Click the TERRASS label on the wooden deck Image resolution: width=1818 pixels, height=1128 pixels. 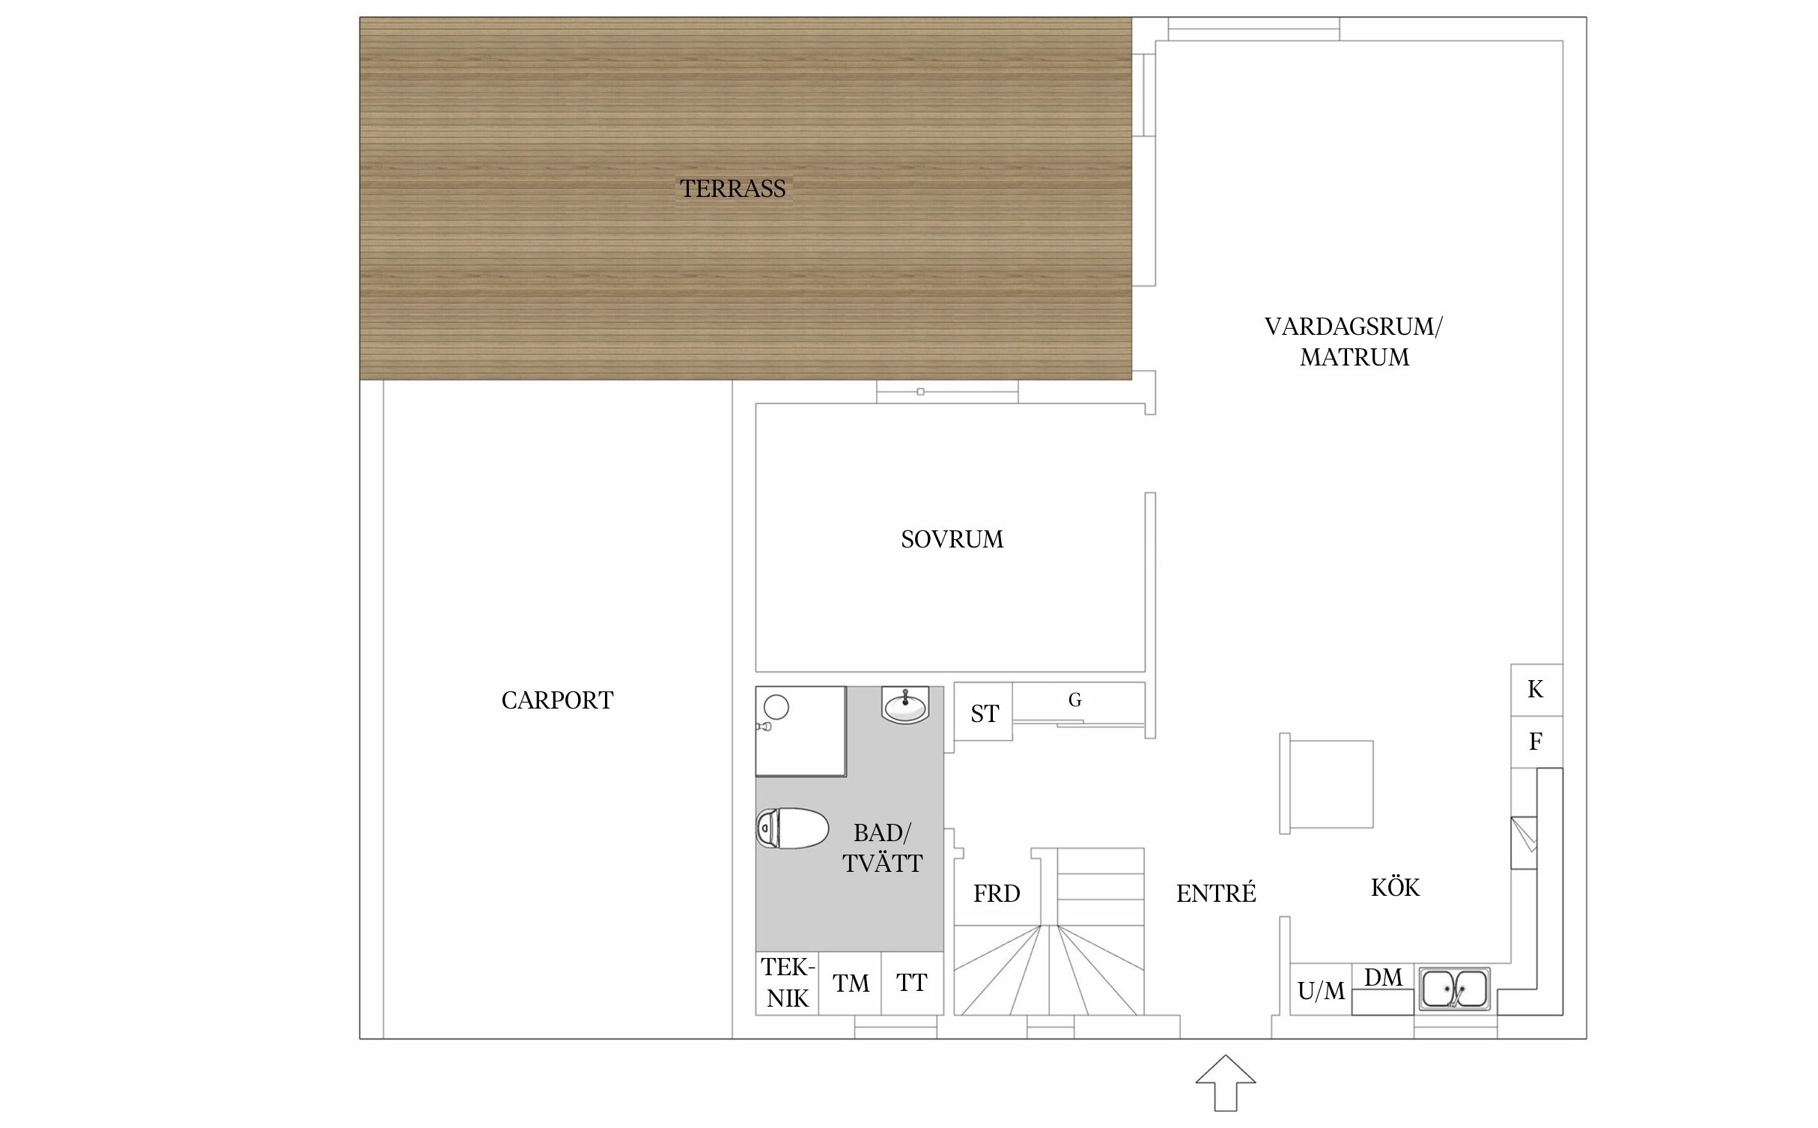tap(732, 189)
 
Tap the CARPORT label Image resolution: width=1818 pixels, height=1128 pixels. tap(557, 700)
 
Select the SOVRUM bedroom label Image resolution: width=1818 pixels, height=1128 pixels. tap(952, 539)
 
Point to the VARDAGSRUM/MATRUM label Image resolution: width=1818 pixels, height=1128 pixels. tap(1354, 342)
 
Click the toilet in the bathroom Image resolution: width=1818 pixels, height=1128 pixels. tap(792, 828)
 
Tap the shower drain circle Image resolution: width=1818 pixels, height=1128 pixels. tap(776, 707)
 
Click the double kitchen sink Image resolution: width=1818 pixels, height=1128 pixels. tap(1454, 989)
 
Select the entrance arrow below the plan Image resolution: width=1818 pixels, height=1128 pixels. tap(1225, 1083)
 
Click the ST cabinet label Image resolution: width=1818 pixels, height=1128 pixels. tap(985, 714)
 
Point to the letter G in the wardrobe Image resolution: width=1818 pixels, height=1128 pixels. tap(1074, 700)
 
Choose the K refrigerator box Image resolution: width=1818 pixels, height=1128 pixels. tap(1536, 690)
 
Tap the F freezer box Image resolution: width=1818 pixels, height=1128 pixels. tap(1536, 742)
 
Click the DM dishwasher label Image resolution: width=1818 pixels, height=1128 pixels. tap(1383, 977)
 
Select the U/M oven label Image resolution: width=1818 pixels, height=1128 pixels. tap(1321, 991)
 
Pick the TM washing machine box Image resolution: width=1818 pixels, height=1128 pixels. tap(850, 983)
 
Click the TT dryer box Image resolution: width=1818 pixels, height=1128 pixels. tap(912, 983)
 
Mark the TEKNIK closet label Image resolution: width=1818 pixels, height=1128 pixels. tap(788, 983)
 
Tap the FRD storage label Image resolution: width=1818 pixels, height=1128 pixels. tap(997, 894)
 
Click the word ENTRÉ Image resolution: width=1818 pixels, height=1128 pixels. tap(1216, 893)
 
